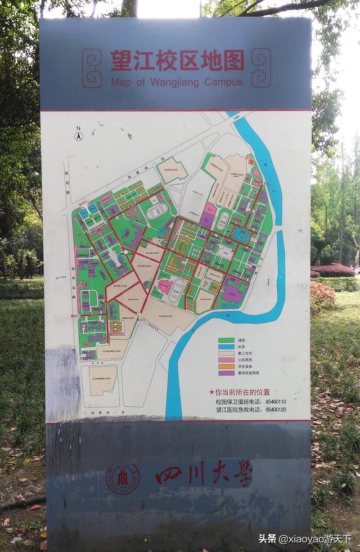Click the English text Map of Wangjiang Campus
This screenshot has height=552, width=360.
[177, 82]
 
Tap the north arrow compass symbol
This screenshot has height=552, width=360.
[79, 134]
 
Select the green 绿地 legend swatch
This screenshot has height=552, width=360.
[226, 340]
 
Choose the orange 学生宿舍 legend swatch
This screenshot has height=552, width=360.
[226, 366]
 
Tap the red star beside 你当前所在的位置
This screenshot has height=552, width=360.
[211, 392]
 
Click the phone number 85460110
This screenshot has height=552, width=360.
[276, 402]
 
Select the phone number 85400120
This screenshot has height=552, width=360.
[276, 410]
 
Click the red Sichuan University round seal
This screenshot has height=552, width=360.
[122, 479]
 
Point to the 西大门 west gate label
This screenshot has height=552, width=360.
[75, 316]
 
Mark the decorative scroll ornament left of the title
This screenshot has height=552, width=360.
[92, 68]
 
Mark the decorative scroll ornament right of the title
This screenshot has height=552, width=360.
[260, 68]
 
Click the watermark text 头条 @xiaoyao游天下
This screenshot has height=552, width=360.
[304, 538]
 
